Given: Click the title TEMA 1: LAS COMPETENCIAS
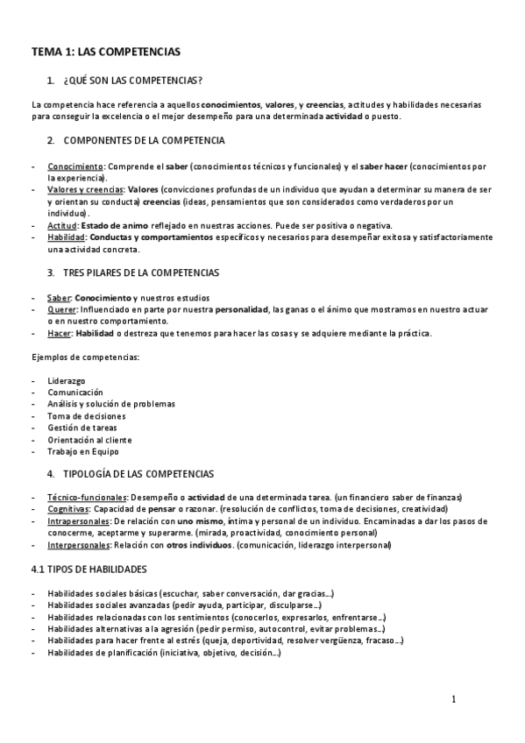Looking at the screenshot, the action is (105, 52).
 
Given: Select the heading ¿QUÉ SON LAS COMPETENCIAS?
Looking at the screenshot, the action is (133, 81).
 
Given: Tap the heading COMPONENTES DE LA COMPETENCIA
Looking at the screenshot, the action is (145, 140).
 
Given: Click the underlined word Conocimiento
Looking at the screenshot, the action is (75, 166).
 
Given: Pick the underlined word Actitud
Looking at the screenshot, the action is (62, 225).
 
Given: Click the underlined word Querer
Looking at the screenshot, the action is (61, 309).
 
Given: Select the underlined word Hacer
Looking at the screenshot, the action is (60, 333).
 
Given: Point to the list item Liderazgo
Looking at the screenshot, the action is (68, 380).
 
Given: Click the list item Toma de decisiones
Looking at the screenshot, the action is (87, 416).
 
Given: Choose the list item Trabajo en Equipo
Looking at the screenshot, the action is (83, 452).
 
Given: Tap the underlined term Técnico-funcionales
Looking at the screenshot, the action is (87, 498).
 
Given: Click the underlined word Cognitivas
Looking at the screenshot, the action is (68, 509).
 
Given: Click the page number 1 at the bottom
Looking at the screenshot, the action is (453, 699).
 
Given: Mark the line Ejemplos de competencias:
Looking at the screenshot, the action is (85, 357).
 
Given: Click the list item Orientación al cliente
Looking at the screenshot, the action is (90, 440).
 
